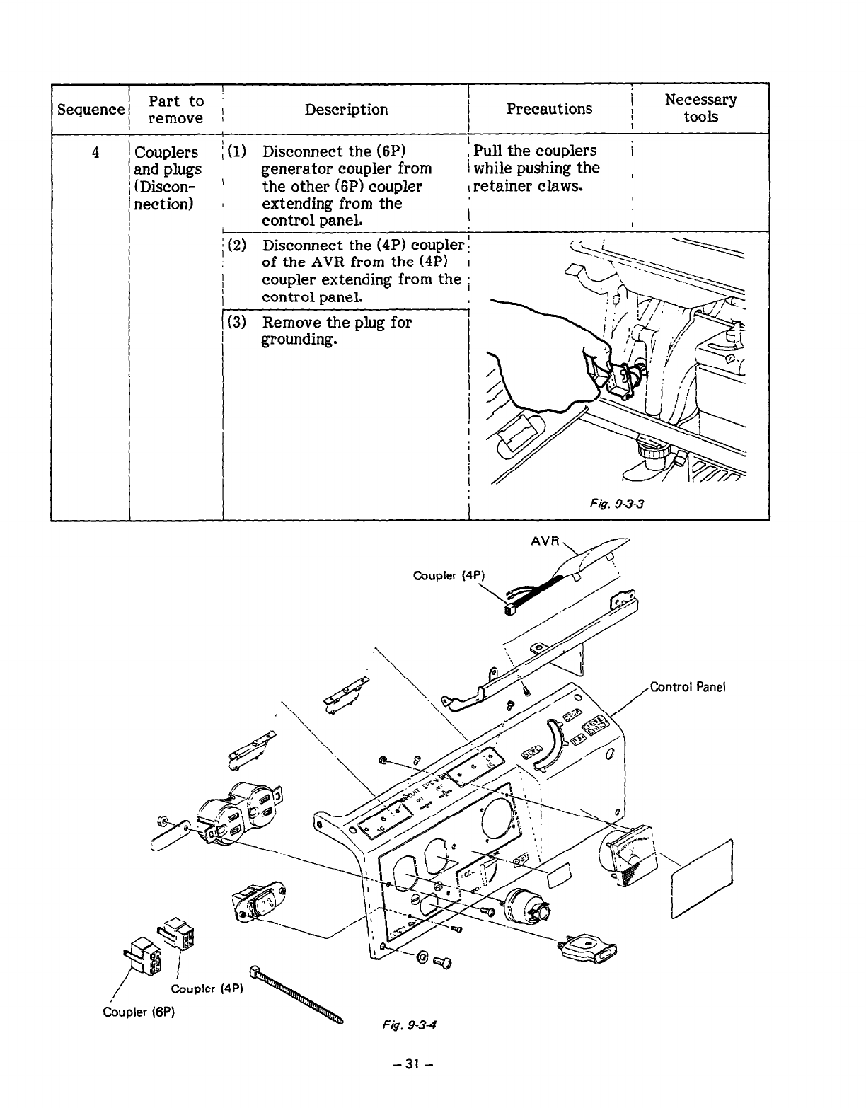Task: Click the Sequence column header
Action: (x=91, y=110)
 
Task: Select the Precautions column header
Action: (x=549, y=108)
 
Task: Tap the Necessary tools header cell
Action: (x=700, y=108)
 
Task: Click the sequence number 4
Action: (x=95, y=152)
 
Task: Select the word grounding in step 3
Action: (x=296, y=340)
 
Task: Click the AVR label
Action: (x=545, y=542)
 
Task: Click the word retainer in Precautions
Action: (x=504, y=187)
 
